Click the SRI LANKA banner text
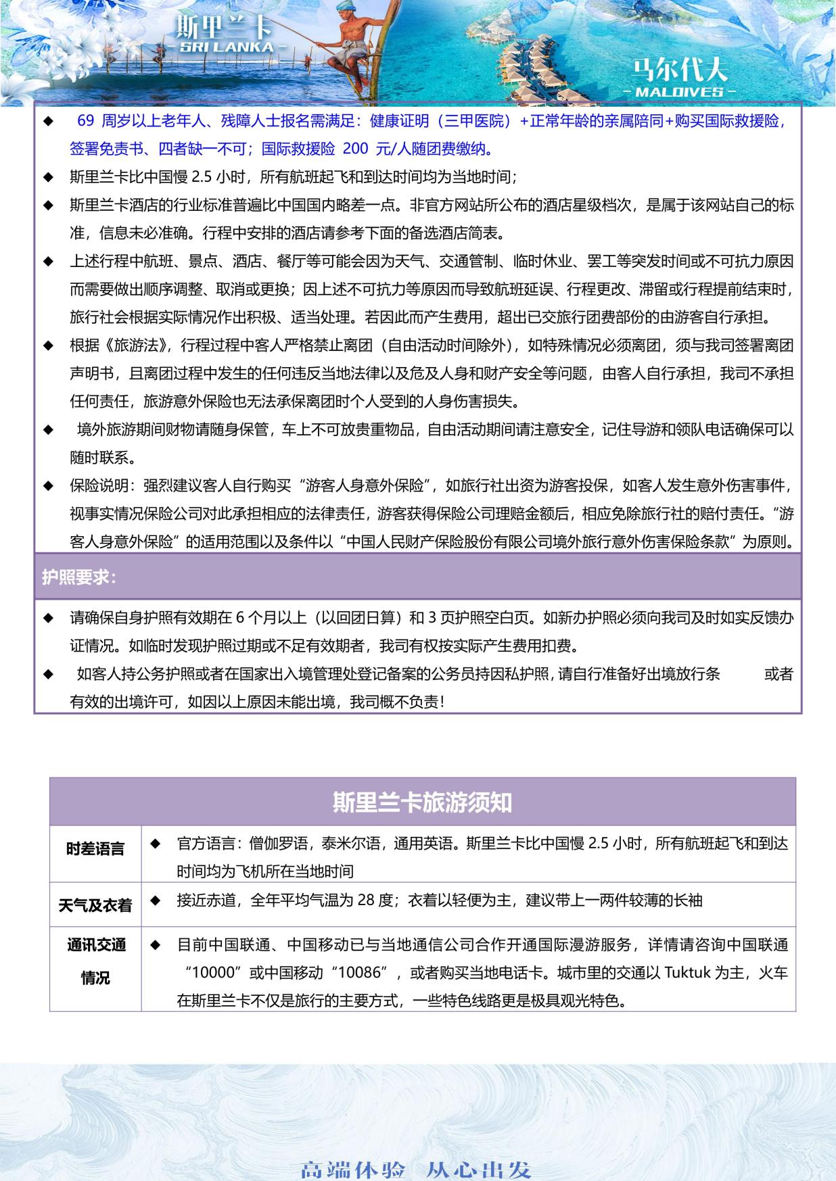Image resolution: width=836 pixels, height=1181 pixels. [224, 47]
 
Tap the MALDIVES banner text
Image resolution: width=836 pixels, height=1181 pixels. [680, 91]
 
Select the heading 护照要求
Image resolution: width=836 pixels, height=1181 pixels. [79, 577]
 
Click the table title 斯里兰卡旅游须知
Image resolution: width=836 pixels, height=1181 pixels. [422, 802]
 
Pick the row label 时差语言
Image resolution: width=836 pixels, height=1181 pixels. [95, 849]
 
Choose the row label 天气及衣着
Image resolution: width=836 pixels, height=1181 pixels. [95, 905]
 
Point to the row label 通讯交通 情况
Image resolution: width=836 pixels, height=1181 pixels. [95, 961]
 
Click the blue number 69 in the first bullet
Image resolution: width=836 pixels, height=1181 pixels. [86, 121]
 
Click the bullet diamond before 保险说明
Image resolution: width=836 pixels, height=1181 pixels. [48, 486]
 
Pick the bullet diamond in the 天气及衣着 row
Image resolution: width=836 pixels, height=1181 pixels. [155, 900]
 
